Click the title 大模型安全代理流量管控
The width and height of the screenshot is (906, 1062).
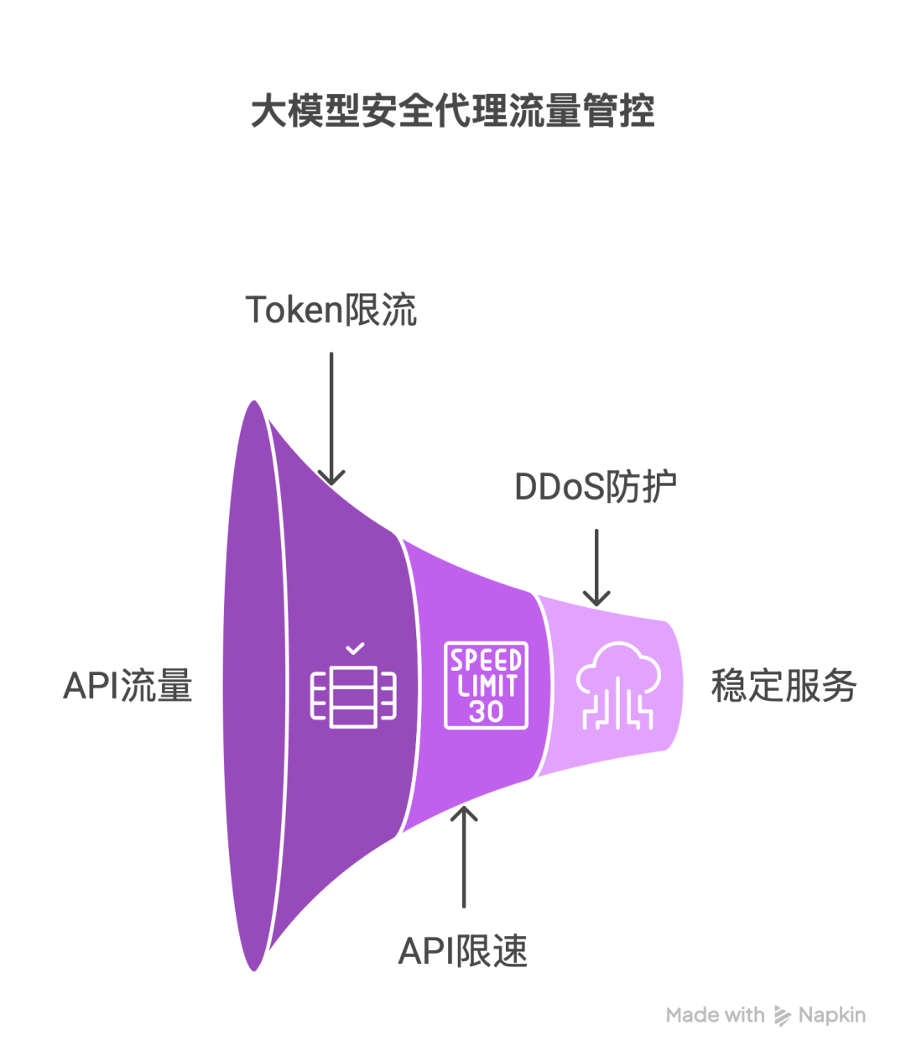point(453,112)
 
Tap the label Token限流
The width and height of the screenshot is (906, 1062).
point(331,310)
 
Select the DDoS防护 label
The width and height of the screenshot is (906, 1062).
point(596,487)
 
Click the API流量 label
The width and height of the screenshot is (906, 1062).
point(128,686)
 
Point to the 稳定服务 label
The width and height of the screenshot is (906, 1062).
point(784,686)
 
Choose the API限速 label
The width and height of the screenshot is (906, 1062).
point(463,951)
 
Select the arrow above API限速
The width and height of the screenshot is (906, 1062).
point(464,856)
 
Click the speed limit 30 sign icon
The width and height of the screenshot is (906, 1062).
point(486,685)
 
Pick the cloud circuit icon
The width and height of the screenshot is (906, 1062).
point(618,685)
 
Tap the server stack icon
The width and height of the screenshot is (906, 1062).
point(353,698)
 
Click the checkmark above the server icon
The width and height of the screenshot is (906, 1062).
point(355,648)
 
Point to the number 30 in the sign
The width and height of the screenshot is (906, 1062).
point(486,712)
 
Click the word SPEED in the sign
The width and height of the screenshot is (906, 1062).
point(486,660)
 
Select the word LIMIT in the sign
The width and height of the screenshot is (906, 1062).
point(486,686)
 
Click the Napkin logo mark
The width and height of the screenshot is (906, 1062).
point(782,1016)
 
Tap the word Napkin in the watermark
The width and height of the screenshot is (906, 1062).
point(831,1015)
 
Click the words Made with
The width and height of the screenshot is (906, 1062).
point(715,1015)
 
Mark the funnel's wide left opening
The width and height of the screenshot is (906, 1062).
point(252,686)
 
